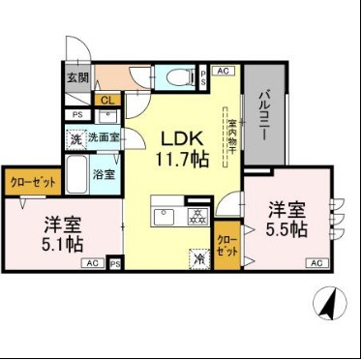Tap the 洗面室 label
[x=105, y=137]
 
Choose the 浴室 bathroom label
[x=105, y=175]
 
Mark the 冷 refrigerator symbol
[x=197, y=258]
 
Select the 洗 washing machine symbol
[x=76, y=137]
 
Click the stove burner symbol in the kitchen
[x=196, y=216]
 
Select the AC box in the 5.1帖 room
[x=93, y=262]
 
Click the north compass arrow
[x=328, y=305]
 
